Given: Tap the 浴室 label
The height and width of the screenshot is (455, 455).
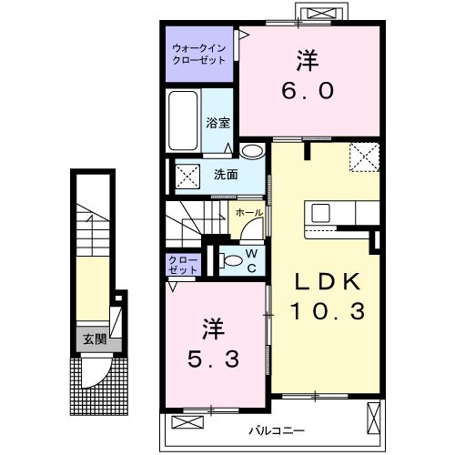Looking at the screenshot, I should (217, 122).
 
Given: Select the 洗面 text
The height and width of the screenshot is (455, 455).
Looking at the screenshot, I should (227, 174).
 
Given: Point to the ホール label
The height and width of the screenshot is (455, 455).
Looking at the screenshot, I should (249, 212).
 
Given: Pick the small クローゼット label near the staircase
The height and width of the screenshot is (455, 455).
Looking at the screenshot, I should (182, 265).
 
